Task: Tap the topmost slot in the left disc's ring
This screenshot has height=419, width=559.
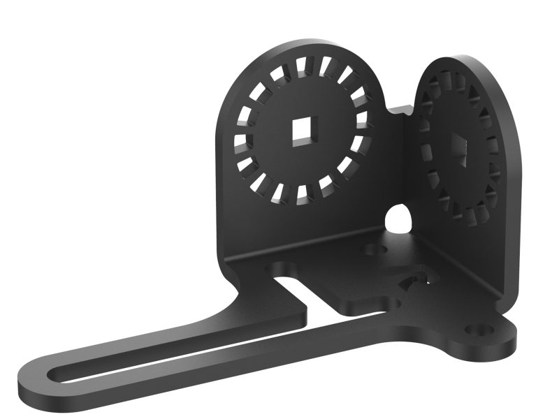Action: [302, 67]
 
